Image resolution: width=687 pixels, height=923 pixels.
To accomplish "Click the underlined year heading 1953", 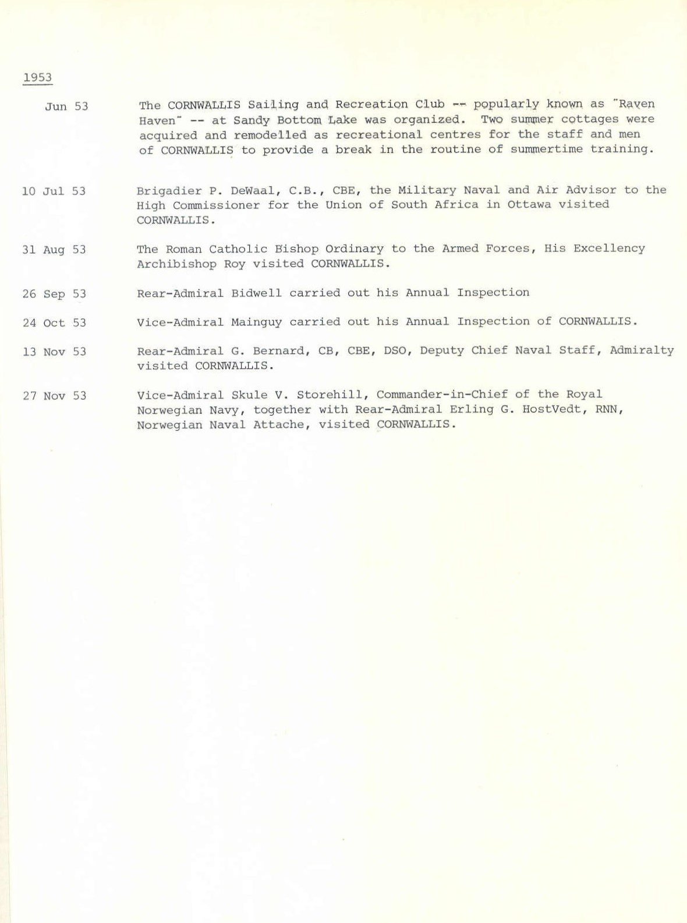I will click(x=37, y=78).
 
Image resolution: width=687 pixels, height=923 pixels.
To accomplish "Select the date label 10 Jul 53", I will click(x=54, y=191).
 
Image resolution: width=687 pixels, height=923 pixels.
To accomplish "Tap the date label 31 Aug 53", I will click(x=54, y=250).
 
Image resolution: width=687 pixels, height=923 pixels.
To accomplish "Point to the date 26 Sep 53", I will click(x=54, y=294).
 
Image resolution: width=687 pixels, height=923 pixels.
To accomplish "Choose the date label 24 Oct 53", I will click(x=54, y=322).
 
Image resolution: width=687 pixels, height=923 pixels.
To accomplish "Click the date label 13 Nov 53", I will click(x=54, y=352).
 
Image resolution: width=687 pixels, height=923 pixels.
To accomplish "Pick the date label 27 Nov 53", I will click(x=54, y=396).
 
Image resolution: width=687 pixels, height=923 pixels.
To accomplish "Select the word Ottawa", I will click(x=529, y=205).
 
